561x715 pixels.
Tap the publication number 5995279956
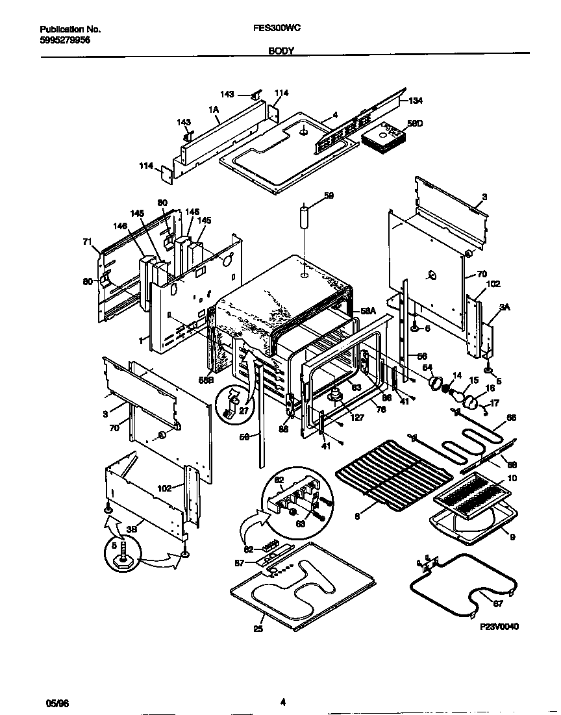(65, 40)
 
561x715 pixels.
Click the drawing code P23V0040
(499, 627)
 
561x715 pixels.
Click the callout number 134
(416, 101)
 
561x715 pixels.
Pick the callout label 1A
(213, 110)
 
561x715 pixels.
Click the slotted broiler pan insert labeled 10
(473, 497)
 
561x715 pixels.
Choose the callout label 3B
(131, 529)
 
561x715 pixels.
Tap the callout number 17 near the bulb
(495, 403)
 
